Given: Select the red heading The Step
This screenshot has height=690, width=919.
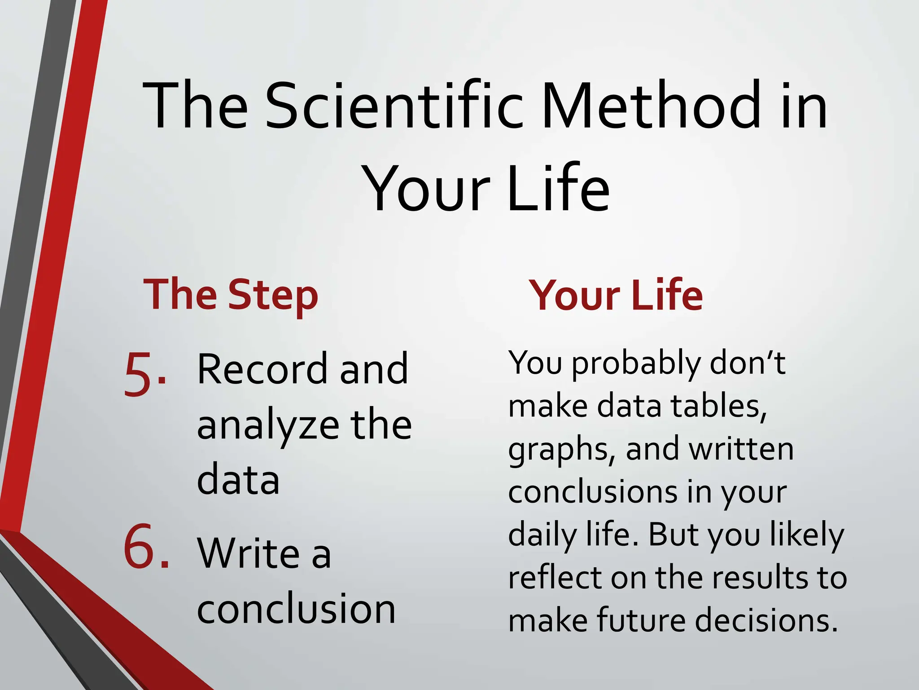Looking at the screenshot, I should click(x=231, y=295).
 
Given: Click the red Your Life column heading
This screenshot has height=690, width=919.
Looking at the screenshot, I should click(x=616, y=295).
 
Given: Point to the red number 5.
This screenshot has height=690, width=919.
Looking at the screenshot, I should click(x=144, y=374).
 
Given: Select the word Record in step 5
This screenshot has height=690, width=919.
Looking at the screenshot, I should click(x=262, y=369).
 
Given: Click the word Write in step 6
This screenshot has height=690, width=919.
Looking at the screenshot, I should click(x=248, y=553).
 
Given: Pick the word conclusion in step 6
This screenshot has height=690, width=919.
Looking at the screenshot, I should click(x=296, y=609).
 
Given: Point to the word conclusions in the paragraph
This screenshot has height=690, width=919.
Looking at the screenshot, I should click(x=592, y=492).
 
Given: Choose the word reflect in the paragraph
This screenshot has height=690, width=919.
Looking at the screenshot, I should click(x=555, y=577).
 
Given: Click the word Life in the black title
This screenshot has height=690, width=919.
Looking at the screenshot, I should click(x=559, y=189).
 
